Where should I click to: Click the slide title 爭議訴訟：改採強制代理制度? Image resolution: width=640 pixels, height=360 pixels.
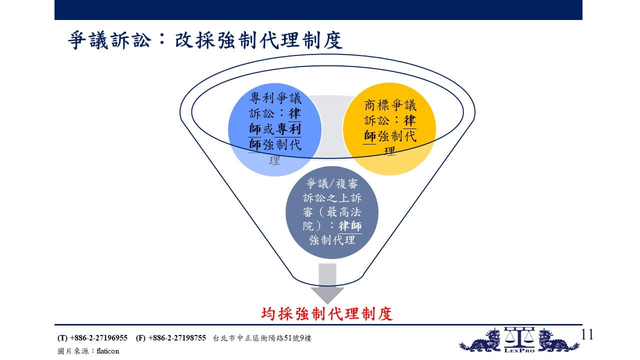205,40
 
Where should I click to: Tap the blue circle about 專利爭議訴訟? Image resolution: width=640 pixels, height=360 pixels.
275,129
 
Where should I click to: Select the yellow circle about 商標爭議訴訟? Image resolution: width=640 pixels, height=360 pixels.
389,129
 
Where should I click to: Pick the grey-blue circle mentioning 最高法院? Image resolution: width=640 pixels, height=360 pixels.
332,212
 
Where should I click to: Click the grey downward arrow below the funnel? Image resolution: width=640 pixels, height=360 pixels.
327,283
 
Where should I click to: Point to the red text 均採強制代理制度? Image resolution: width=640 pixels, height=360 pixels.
327,313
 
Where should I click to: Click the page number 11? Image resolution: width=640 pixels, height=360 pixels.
587,334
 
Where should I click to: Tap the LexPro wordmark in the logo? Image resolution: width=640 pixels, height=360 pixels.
519,350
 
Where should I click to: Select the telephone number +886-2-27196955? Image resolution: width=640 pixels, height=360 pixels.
98,338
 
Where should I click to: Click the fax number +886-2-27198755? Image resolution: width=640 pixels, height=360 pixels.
177,338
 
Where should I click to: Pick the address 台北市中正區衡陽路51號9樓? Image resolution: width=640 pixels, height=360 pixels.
262,338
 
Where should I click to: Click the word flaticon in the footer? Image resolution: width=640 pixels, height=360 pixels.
107,351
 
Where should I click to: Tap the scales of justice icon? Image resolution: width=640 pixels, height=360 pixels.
519,336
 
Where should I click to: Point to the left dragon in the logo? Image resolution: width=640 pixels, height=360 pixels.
480,340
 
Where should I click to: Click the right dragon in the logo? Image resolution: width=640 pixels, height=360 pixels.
558,340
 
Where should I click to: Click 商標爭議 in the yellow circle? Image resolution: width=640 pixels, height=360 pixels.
390,105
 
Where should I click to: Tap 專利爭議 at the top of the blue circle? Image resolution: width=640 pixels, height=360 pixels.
275,98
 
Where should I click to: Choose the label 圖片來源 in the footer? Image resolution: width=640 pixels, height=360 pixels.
73,351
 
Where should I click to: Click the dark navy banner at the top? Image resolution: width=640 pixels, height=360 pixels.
318,10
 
